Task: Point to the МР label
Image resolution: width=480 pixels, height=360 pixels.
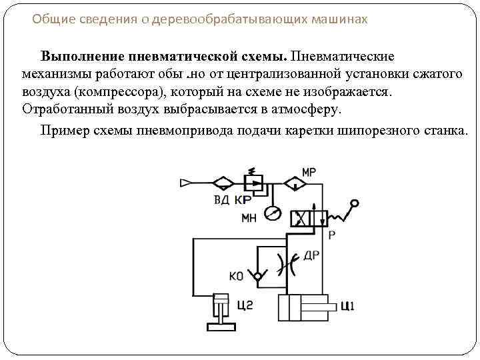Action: click(x=309, y=172)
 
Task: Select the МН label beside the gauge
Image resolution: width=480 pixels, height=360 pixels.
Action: click(x=248, y=217)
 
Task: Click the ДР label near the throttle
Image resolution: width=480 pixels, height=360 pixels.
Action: click(x=311, y=255)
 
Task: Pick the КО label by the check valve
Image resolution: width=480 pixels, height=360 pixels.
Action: click(x=236, y=275)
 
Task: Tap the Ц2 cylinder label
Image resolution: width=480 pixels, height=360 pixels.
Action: click(x=245, y=305)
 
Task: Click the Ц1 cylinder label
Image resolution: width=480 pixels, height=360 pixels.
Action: click(x=347, y=307)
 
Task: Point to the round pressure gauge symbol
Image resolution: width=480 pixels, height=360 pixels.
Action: click(x=272, y=213)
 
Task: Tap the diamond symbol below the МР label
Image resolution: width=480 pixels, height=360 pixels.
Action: click(x=291, y=182)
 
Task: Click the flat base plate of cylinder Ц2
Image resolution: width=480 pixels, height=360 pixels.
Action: click(x=220, y=327)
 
